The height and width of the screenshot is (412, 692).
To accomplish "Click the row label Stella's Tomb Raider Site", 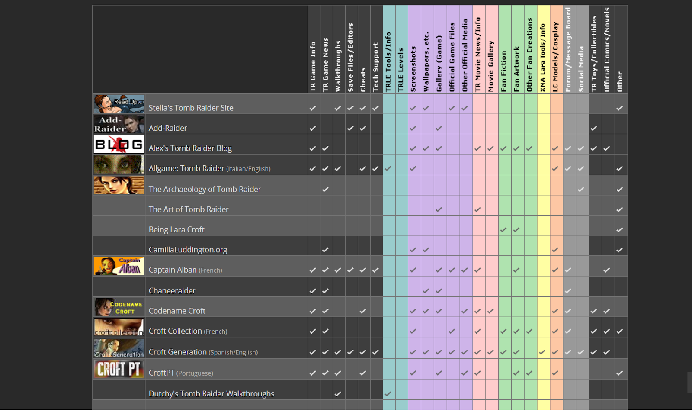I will point(191,108).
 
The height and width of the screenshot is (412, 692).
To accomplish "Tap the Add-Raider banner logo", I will point(119,124).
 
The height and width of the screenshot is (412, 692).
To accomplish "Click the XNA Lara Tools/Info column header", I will point(543,58).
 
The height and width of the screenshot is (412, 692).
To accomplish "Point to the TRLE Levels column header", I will point(401,69).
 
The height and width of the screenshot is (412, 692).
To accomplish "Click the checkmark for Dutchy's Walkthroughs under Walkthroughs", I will point(338,394).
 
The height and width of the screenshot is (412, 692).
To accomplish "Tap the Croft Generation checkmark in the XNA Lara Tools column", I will point(542,352).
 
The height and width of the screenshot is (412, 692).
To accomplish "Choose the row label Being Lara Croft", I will point(176,229).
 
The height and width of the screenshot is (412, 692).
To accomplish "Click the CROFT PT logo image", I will point(119,369).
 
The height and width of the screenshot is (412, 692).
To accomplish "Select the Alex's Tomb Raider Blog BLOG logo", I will point(119,144).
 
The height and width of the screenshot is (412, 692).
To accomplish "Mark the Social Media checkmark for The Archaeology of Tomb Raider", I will point(581,189).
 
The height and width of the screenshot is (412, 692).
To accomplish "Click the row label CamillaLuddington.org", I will point(188,250).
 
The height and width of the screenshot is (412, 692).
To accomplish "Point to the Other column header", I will point(620,81).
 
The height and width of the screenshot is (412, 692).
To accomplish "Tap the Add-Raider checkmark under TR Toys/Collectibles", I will point(594,128).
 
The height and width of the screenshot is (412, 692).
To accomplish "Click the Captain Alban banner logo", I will point(119,266).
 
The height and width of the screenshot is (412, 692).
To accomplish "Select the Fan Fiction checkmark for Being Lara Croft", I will point(503,230).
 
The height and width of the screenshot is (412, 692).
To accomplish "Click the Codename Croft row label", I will point(177,311).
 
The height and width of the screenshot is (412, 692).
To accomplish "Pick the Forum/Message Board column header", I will point(568,49).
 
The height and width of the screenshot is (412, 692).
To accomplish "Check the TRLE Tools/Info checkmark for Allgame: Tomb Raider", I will point(388,169).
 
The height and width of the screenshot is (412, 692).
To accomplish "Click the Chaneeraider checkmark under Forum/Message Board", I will point(568,291).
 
